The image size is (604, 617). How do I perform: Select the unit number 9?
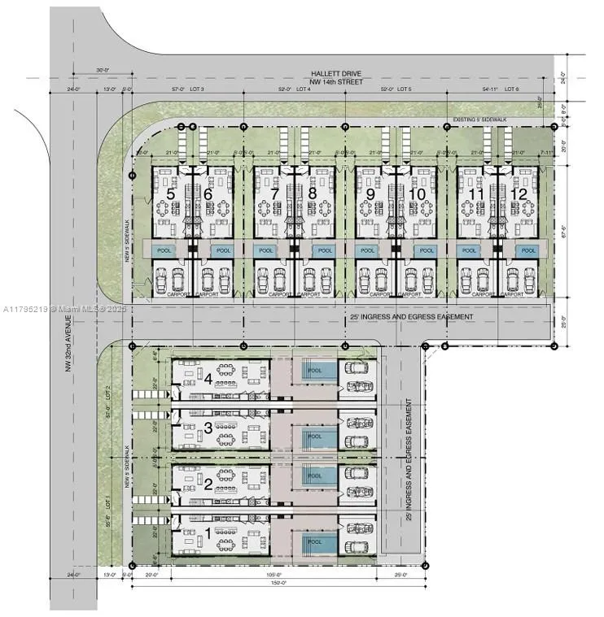point(371,195)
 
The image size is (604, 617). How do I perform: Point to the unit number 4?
point(208,379)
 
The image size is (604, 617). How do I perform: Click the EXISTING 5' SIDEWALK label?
point(480,119)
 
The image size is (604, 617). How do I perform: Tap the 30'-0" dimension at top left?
point(103,70)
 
